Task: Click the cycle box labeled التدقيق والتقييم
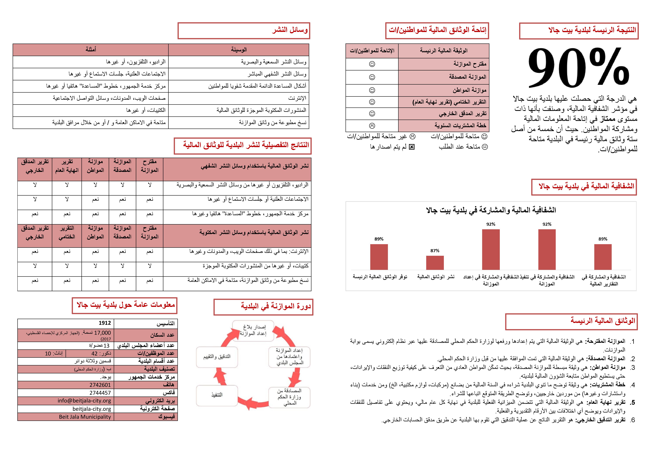(x=217, y=357)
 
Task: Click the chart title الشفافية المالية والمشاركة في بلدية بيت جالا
(x=491, y=210)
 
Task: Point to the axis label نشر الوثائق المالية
(x=436, y=277)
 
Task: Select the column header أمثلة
(x=91, y=50)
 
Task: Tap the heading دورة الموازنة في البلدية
(x=276, y=306)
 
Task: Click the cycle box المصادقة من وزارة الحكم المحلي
(x=290, y=397)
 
